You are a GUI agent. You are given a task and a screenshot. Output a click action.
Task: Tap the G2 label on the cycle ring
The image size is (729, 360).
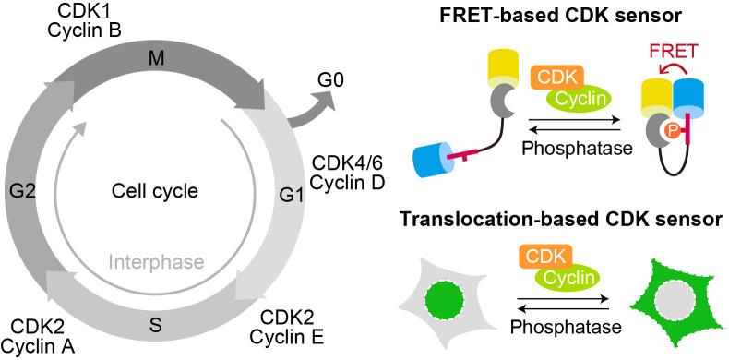tap(22, 190)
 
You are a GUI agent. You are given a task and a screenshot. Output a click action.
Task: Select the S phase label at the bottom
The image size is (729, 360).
tap(156, 325)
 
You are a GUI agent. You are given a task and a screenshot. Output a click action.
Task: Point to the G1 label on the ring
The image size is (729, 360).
tap(292, 195)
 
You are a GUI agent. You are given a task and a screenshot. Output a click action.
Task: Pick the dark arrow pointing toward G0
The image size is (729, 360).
tap(312, 108)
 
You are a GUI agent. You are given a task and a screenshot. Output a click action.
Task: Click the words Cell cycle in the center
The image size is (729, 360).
tap(155, 191)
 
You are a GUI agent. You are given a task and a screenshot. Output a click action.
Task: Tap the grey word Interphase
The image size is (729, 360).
tap(156, 262)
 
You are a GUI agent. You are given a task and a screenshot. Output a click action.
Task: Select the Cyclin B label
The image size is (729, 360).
tap(85, 30)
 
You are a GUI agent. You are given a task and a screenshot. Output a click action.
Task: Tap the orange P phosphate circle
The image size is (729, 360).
tap(672, 132)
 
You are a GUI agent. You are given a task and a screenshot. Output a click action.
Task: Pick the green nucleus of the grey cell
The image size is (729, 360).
tap(444, 299)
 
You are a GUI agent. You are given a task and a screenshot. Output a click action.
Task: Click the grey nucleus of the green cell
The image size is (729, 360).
tap(674, 299)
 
